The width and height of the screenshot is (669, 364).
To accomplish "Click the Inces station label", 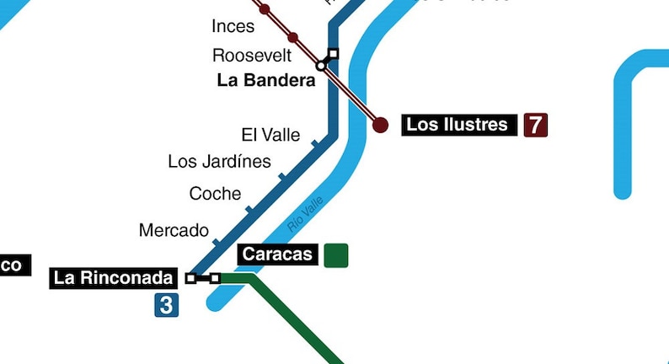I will coord(233,26).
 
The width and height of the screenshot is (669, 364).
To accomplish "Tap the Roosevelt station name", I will coord(252,56).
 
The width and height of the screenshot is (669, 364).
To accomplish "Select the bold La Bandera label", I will coord(266,81).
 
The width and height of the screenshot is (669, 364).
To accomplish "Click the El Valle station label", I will coord(270,135).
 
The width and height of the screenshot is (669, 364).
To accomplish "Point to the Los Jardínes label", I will coord(219,161).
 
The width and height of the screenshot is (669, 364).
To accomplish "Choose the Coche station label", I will coord(215,194).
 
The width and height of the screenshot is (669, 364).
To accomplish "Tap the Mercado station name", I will coord(174,230).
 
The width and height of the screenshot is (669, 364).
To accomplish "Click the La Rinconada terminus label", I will coord(114,277).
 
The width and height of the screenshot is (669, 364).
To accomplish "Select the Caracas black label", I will coord(277,254).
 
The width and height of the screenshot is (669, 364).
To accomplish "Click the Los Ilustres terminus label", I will coord(458,125).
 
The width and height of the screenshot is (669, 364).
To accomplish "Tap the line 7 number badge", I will coord(535,125).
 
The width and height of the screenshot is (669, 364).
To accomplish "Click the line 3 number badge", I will coord(166,304).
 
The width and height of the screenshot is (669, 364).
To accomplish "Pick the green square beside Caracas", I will coord(335,254).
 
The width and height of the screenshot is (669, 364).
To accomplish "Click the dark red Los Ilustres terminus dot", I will coord(381,125).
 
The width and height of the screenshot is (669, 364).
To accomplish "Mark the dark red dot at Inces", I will coord(265,9).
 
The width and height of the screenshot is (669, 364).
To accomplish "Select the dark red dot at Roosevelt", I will coord(292,37).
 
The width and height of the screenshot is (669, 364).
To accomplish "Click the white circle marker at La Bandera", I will coord(321,66).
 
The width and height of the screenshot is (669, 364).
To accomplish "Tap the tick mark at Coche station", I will coord(249,208).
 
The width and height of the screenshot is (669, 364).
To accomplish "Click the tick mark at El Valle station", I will coord(314,144).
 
